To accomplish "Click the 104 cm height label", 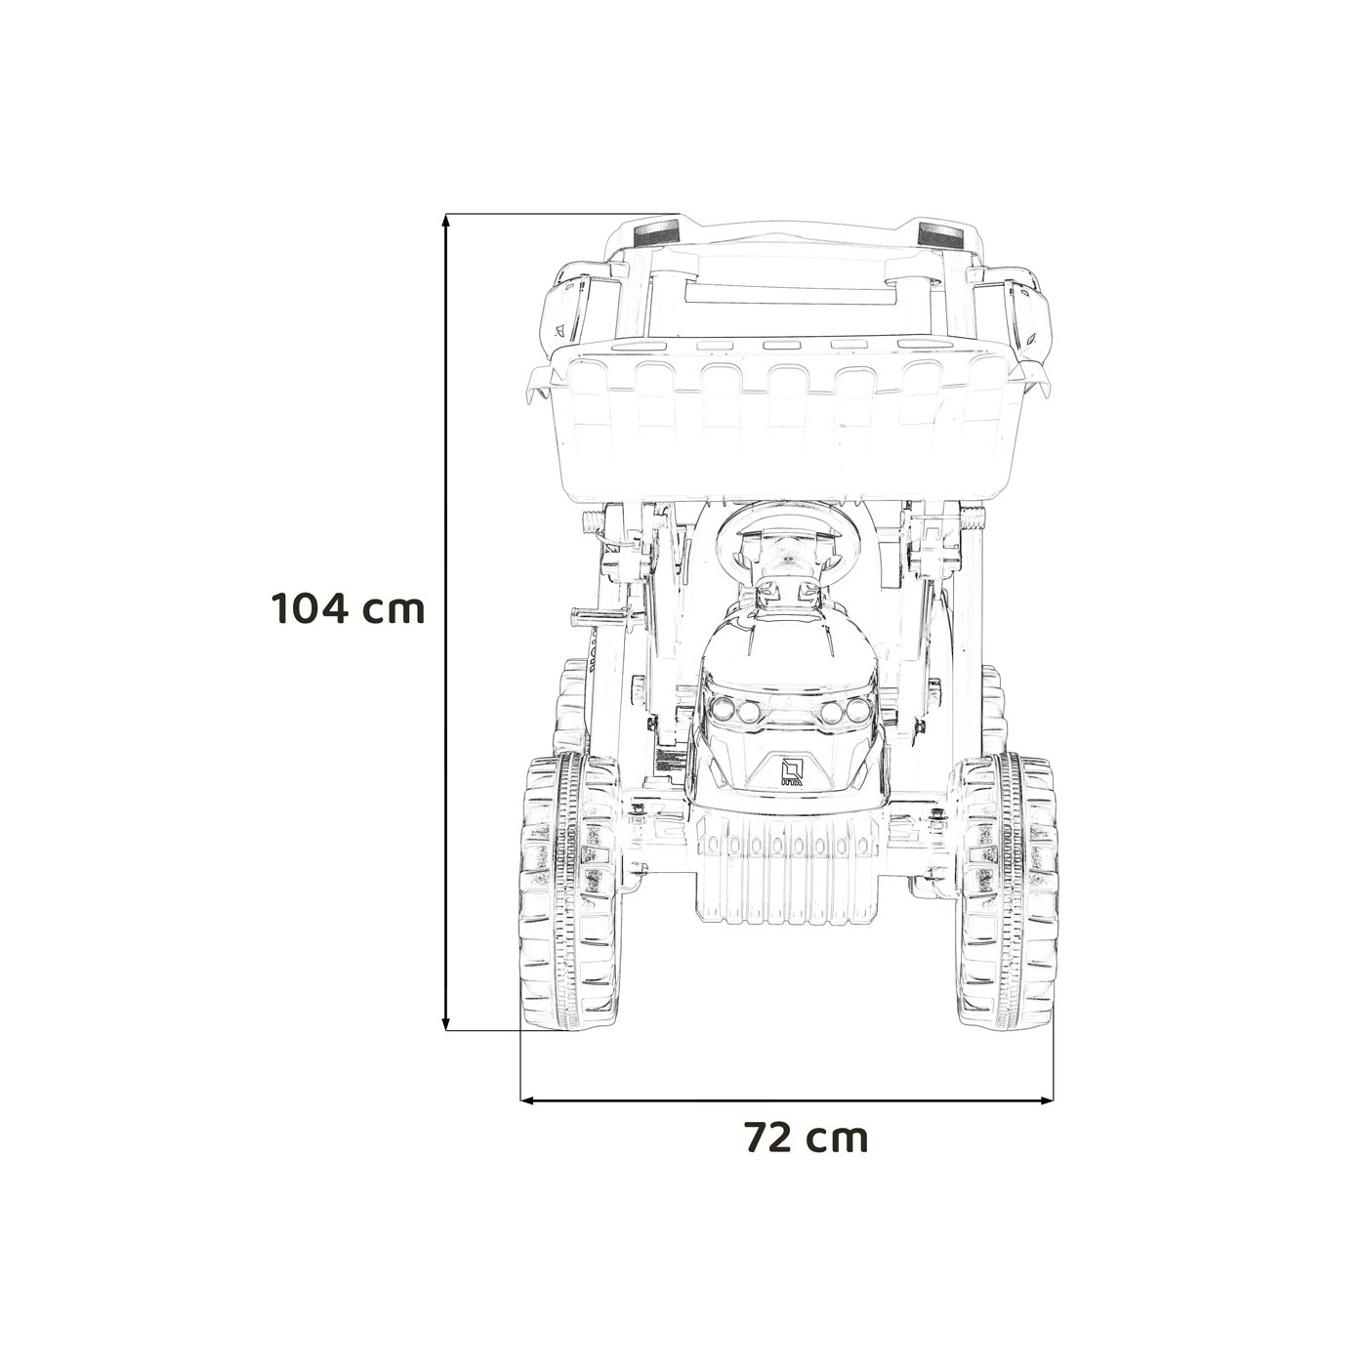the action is point(348,608).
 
